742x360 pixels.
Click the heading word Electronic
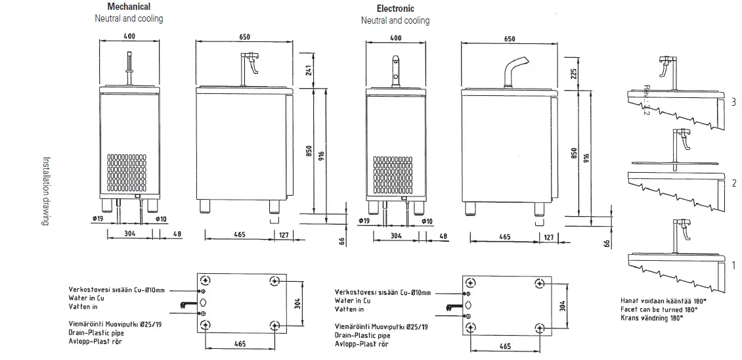point(395,9)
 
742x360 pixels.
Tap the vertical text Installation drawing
point(46,191)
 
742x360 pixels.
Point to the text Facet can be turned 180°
point(659,308)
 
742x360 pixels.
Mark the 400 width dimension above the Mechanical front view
point(129,36)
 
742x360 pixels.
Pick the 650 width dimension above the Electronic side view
point(509,39)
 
